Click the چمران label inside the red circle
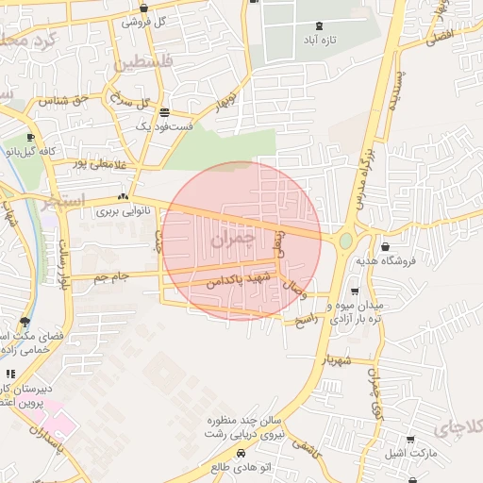[235, 240]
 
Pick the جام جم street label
[110, 276]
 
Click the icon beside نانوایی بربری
[123, 197]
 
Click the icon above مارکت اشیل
[410, 440]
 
